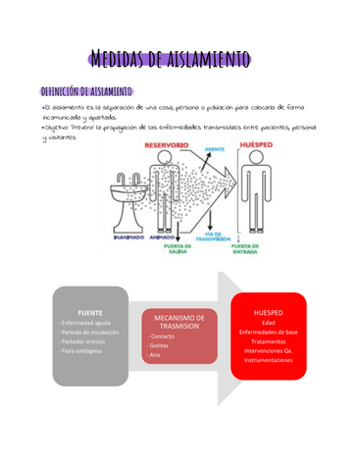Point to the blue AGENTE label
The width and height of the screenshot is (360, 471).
coord(212,150)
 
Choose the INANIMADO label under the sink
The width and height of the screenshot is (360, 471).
coord(129,235)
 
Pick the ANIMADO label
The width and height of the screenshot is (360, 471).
coord(162,235)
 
